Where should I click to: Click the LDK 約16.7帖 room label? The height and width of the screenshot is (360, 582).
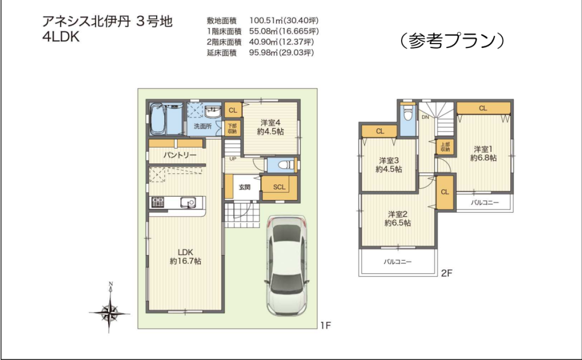(x=185, y=257)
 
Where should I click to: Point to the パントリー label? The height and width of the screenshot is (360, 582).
(x=180, y=155)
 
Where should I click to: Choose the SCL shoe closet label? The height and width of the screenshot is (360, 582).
(x=279, y=187)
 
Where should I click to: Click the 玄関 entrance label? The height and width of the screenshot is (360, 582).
(x=244, y=187)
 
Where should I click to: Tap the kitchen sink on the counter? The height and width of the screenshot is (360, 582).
(x=188, y=202)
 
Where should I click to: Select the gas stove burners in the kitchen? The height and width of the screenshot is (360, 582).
(x=158, y=202)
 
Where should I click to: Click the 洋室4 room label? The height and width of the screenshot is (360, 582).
(x=270, y=122)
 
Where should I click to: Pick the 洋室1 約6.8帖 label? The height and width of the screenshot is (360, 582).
(x=483, y=153)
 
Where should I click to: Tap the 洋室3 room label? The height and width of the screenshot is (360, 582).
(x=388, y=161)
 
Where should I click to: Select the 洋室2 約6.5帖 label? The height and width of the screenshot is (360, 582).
(x=398, y=218)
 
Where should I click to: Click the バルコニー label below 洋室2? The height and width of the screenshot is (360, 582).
(x=398, y=262)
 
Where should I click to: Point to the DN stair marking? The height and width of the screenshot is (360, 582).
(x=425, y=117)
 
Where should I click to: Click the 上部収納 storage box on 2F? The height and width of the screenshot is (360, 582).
(x=445, y=147)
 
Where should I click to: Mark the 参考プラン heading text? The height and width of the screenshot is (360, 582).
(x=452, y=41)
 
